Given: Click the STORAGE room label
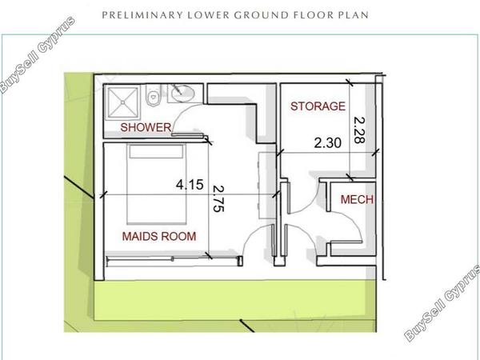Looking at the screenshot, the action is point(318,106).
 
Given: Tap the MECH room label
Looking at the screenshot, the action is point(357,199).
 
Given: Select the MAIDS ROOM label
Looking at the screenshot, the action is point(159,236).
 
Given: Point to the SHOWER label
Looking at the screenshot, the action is point(146,127).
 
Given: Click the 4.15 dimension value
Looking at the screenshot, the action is point(190,184).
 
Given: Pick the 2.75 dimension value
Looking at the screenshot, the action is point(218,198).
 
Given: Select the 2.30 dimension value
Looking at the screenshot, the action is point(327,143).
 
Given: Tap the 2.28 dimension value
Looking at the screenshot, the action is point(358,130).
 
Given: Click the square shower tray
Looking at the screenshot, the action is point(122,102).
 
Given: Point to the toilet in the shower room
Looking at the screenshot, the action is point(153,95).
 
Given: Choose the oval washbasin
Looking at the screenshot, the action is point(183,92).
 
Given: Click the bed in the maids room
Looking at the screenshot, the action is point(157,184).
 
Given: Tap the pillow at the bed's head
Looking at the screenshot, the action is point(157,151).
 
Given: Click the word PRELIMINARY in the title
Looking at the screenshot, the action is point(142,15).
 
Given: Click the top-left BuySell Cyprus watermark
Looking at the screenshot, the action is point(38,54).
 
